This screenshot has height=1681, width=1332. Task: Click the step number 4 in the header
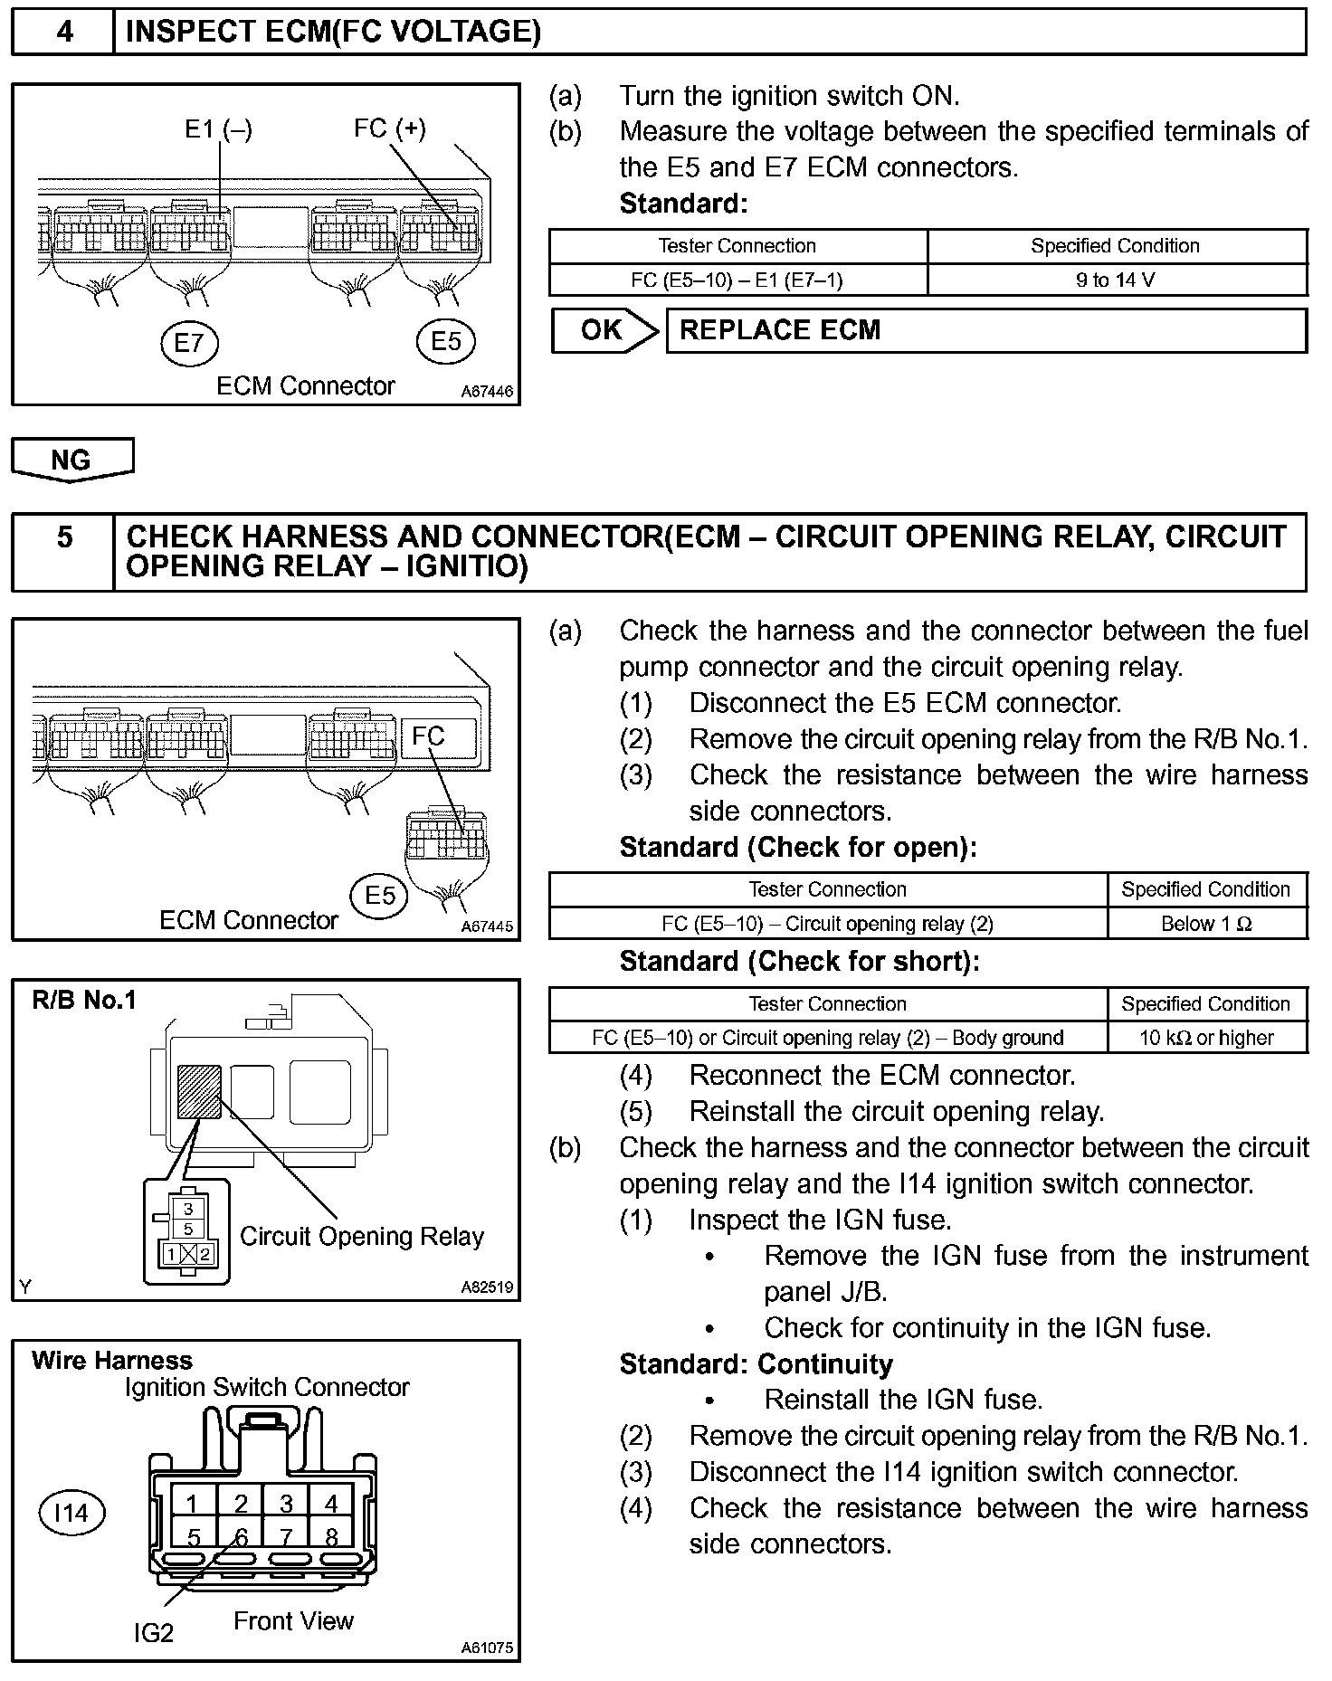64,32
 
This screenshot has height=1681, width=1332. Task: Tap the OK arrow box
604,331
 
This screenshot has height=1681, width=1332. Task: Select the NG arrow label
71,460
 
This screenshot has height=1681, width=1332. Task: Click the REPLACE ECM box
985,331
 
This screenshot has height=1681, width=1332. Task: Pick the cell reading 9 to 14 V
1116,280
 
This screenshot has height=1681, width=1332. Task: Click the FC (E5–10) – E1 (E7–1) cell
737,280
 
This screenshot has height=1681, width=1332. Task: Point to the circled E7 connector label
189,343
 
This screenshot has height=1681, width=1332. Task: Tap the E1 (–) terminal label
218,129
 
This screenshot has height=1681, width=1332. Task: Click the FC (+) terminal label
389,128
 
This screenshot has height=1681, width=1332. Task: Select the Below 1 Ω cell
1206,924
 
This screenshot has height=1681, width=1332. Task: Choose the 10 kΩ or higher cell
1206,1038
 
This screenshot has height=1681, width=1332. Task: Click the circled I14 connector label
71,1513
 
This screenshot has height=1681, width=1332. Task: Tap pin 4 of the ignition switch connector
331,1504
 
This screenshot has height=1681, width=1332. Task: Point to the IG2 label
153,1633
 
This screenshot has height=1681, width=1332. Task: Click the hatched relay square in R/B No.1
200,1092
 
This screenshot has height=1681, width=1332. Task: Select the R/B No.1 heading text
84,1001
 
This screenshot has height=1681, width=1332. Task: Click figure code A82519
486,1287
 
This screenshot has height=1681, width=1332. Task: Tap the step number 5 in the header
64,537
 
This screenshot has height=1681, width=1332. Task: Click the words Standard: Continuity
756,1363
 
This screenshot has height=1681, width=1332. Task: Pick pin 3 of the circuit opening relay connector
188,1209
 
